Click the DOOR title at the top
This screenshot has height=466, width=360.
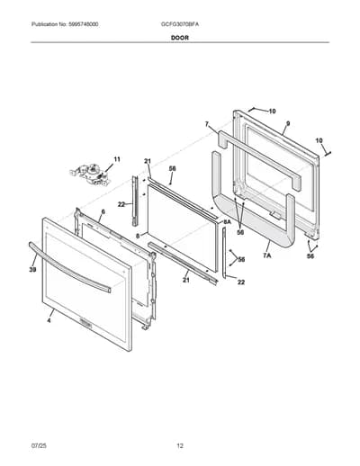click(180, 38)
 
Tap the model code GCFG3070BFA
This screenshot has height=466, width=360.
click(180, 24)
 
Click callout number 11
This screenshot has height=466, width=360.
click(117, 159)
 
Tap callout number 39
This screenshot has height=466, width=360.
click(32, 270)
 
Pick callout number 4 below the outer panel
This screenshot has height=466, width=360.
click(49, 320)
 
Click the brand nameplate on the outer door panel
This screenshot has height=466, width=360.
click(86, 322)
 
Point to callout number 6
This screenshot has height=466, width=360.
click(103, 211)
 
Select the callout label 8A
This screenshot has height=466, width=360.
click(227, 221)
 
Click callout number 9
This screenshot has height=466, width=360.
click(288, 123)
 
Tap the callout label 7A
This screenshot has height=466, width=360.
click(267, 255)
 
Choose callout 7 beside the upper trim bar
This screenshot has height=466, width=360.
click(207, 124)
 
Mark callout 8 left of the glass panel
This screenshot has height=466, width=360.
click(138, 236)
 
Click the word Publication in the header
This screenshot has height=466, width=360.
click(41, 24)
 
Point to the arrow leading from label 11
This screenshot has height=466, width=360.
click(108, 166)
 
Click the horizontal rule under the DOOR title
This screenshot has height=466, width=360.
click(180, 42)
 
